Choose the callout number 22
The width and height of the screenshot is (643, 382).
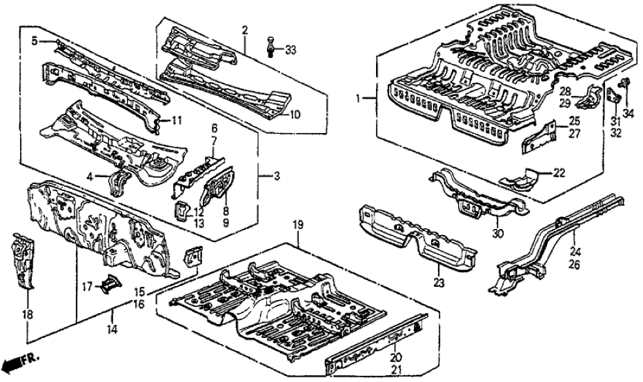(559, 172)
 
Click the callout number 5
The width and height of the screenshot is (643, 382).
(34, 41)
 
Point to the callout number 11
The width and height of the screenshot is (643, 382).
(177, 120)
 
